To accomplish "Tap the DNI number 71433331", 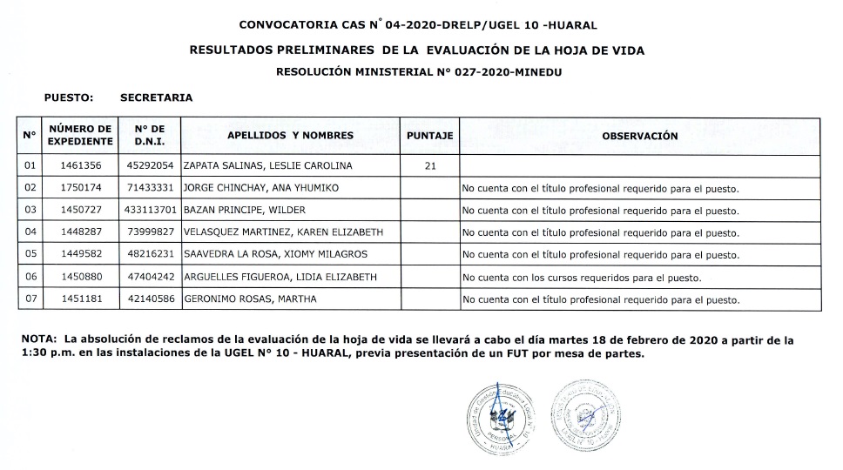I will (x=151, y=188).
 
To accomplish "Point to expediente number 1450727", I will (x=80, y=211).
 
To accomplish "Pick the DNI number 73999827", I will (x=151, y=232).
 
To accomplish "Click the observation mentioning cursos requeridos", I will (x=581, y=278).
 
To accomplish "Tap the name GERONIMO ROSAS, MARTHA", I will (x=250, y=299).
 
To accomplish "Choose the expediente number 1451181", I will (x=80, y=299).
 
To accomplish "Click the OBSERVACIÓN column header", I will (x=639, y=136).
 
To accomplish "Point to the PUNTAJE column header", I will (x=429, y=136).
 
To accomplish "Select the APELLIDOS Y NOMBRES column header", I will (x=290, y=136).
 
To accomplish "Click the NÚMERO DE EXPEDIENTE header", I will (x=80, y=135).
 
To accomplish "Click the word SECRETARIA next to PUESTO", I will (x=157, y=97).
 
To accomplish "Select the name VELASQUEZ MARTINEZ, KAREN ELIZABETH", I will (x=283, y=232).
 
